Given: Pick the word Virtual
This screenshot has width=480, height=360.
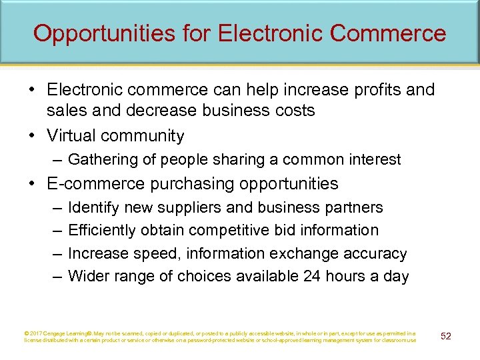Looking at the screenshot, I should (x=71, y=135).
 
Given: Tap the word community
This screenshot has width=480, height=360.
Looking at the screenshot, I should (x=143, y=135).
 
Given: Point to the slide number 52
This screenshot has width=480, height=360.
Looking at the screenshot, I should (x=446, y=335).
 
